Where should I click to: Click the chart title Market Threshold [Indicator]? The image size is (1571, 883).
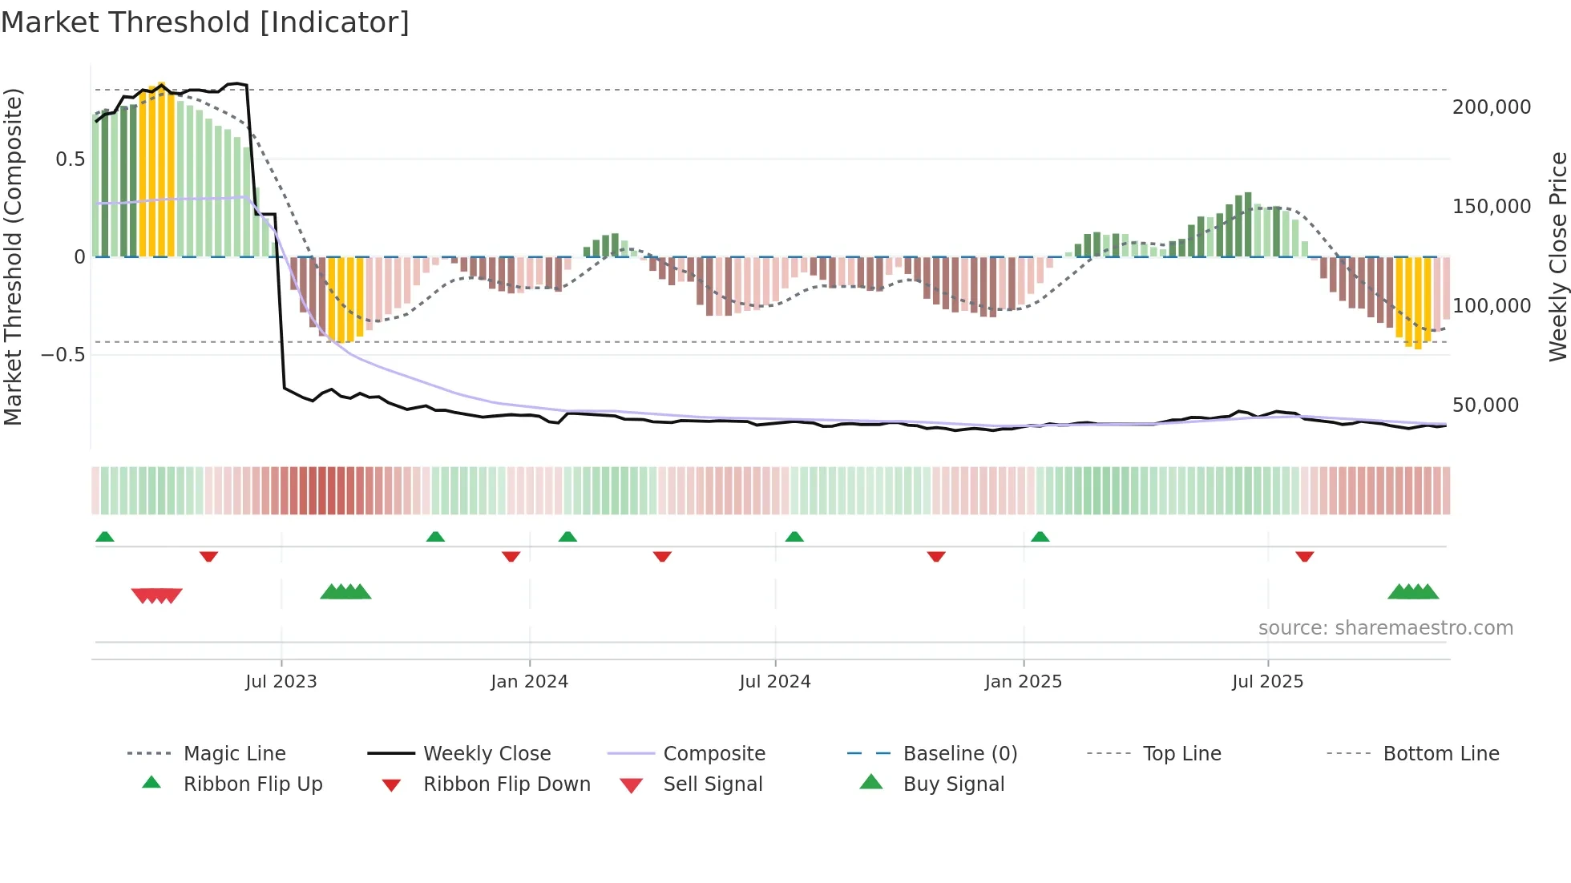click(205, 22)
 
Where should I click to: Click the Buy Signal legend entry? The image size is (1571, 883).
click(953, 784)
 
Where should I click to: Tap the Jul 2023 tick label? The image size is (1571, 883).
click(281, 682)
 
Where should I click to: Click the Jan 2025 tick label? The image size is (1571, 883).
click(1024, 682)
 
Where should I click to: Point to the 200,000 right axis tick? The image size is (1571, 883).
click(1491, 107)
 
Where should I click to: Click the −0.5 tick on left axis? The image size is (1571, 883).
click(63, 355)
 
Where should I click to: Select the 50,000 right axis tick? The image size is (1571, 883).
click(1485, 405)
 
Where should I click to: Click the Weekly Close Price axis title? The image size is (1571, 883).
click(1557, 256)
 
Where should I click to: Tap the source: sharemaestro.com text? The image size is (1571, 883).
click(1385, 628)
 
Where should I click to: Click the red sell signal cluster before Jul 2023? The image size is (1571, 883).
click(157, 595)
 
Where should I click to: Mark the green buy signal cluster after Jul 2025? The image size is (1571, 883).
click(1413, 592)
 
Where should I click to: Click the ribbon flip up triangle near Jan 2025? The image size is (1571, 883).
click(1040, 537)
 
